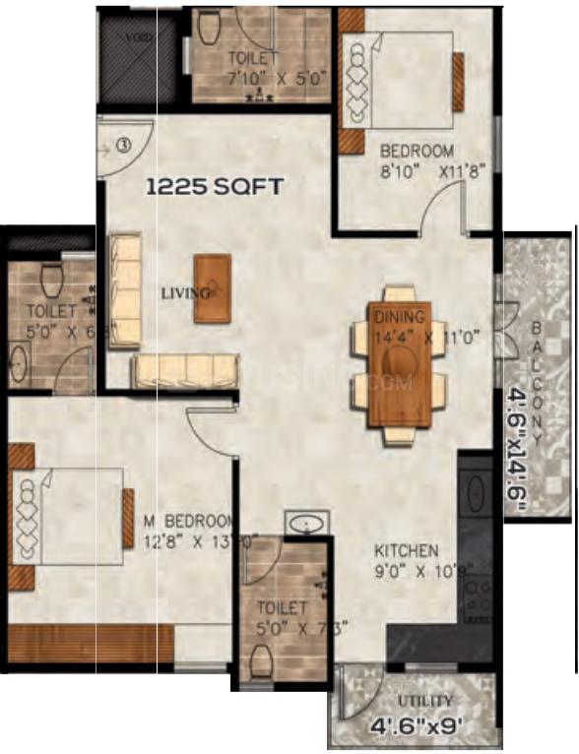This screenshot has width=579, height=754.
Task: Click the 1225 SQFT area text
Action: coord(216,184)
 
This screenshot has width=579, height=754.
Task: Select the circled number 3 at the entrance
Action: coord(123,145)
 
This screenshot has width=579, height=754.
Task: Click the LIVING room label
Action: coord(186,292)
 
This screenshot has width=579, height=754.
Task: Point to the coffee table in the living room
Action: coord(213,287)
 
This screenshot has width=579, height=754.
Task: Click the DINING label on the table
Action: coord(399,317)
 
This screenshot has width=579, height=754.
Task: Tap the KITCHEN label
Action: coord(406,550)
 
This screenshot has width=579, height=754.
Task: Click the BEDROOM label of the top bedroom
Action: coord(418,151)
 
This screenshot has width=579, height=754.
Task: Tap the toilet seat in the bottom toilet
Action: coord(261,664)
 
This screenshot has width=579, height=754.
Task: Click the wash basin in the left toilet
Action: coord(22,363)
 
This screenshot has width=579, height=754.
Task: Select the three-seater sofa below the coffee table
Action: coord(185,370)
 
